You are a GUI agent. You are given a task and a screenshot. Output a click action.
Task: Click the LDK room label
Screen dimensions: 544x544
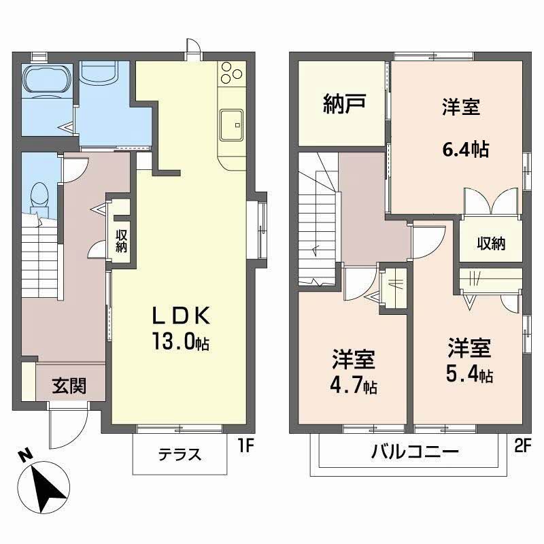(181, 316)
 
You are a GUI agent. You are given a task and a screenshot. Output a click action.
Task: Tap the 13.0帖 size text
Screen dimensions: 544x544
(180, 343)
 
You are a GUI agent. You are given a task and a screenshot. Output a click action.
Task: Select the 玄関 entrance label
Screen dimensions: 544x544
(69, 386)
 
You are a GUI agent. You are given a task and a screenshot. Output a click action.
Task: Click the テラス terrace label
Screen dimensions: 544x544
(180, 454)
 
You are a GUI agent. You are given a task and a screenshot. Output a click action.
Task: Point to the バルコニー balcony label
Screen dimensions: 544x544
(415, 452)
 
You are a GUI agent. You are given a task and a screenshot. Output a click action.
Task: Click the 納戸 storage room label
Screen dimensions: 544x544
(344, 103)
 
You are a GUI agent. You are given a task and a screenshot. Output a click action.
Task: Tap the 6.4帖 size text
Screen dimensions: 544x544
(466, 150)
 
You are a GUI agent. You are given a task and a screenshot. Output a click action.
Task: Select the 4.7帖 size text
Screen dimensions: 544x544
(354, 385)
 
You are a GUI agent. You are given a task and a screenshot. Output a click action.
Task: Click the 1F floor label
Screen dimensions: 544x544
(246, 446)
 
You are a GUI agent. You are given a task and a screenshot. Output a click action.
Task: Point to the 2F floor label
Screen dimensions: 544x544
(523, 446)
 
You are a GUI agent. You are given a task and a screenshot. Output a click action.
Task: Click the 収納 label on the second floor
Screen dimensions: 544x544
(491, 243)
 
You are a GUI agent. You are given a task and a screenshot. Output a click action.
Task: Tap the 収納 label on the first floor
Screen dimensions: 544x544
(122, 241)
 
